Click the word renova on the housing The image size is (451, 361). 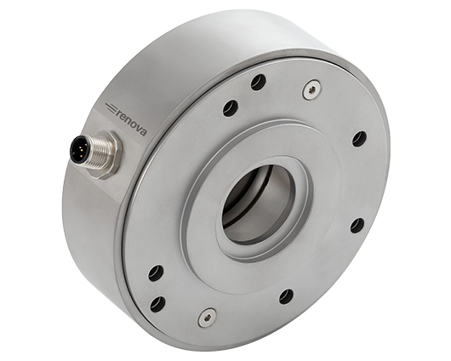[132, 123]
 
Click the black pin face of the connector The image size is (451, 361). [80, 149]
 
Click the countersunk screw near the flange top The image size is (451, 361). [311, 89]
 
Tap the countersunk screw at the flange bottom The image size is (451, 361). [207, 317]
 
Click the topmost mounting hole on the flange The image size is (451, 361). [259, 82]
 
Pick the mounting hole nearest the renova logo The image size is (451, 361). [231, 108]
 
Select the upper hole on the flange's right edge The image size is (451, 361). [359, 139]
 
